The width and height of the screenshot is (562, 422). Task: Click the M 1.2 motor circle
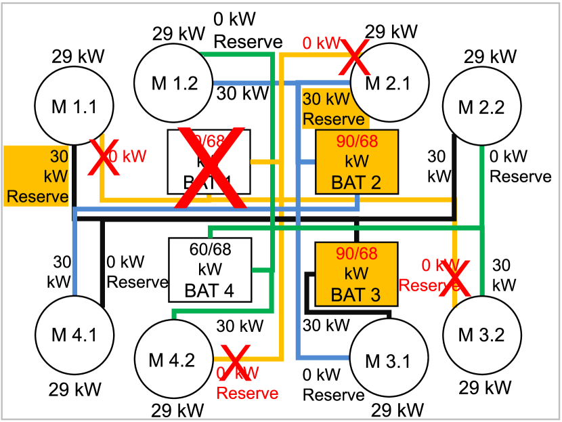point(175,83)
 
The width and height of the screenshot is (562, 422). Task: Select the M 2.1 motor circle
point(389,83)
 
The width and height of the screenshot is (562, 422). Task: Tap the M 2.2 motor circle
point(481,107)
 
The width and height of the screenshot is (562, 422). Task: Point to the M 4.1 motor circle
point(74,335)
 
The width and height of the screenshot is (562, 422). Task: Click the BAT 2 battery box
point(357,162)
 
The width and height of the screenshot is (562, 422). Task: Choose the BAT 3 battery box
point(357,274)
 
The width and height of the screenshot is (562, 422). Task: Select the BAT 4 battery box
point(210,270)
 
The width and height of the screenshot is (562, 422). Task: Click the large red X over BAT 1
point(211,168)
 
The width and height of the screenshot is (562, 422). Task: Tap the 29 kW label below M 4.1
point(82,389)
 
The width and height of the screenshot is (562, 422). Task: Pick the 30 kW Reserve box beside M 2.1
point(334,109)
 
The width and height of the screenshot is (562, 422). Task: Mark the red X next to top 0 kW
point(355,57)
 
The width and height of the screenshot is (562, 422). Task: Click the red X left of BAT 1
point(104,158)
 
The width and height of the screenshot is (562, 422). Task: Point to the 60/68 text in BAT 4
point(210,250)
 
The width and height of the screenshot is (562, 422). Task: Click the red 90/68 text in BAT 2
point(357,142)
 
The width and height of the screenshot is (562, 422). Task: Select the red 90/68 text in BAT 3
point(357,254)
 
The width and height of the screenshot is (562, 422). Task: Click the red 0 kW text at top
point(322,44)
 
